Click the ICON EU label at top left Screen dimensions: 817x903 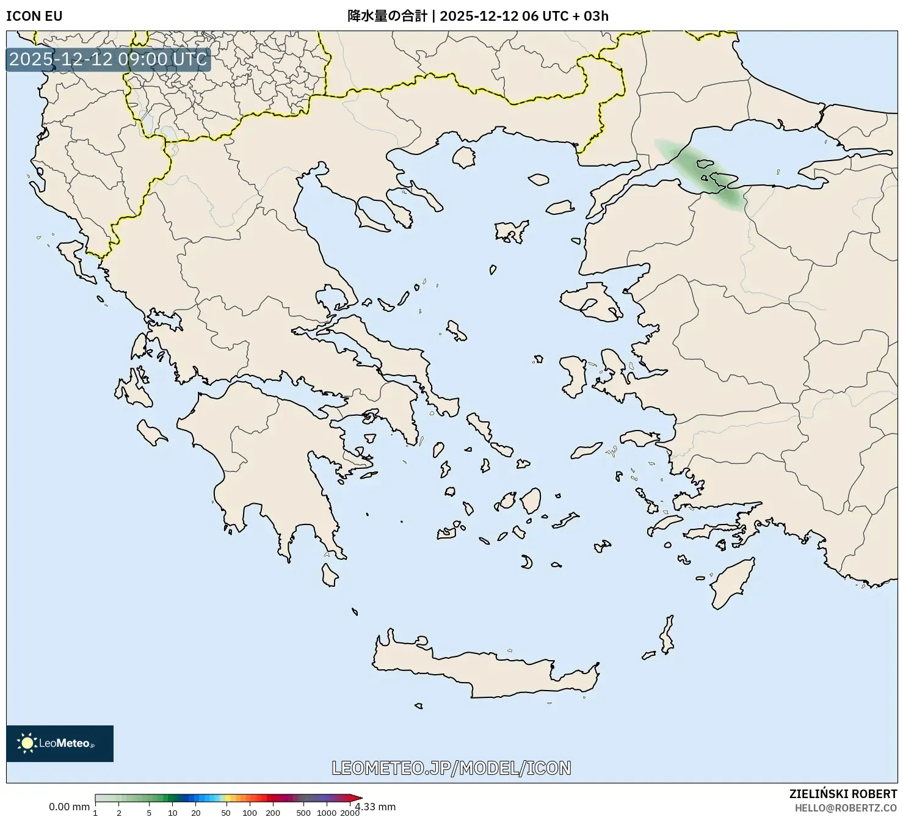[34, 16]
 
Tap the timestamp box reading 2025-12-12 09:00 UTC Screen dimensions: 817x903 [108, 59]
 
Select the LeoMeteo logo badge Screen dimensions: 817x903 [60, 743]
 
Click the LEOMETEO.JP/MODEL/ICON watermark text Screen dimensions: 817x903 [451, 768]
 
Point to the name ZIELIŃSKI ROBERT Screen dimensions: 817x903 [843, 794]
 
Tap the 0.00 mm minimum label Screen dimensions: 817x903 [69, 807]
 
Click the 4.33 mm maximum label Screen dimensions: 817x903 [376, 807]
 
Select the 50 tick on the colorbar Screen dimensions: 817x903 [226, 812]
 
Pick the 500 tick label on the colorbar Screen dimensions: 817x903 [303, 812]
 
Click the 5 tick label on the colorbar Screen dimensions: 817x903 [149, 812]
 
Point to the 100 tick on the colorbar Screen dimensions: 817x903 [250, 812]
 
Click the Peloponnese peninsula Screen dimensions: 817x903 [263, 464]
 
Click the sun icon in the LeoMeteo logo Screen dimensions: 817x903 [27, 743]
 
